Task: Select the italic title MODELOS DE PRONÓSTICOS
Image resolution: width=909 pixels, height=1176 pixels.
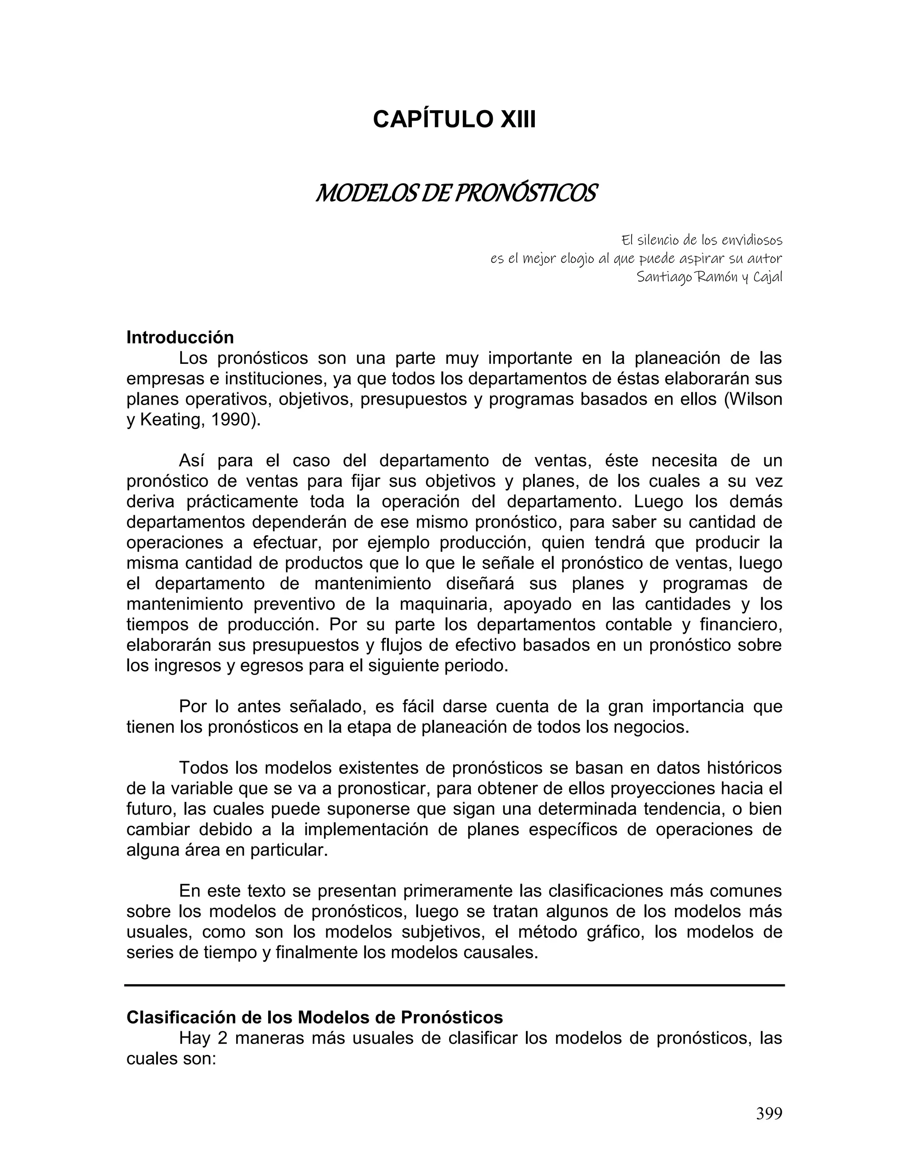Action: tap(455, 193)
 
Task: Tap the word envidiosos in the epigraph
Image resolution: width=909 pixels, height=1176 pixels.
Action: tap(748, 240)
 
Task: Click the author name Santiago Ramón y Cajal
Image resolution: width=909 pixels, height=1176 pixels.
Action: tap(709, 277)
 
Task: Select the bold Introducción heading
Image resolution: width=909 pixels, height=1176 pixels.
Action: tap(180, 338)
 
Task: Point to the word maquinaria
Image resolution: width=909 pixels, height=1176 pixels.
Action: tap(444, 604)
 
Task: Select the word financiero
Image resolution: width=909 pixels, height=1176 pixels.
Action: tap(740, 625)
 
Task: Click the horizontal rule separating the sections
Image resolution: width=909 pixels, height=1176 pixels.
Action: tap(454, 985)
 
